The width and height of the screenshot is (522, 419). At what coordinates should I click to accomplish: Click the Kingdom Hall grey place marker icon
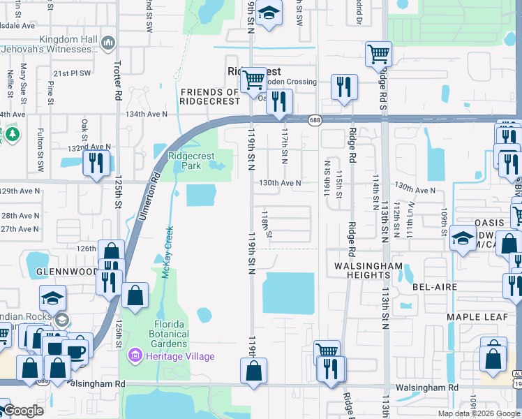point(107,43)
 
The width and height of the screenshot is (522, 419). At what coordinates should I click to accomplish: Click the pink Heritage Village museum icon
point(134,356)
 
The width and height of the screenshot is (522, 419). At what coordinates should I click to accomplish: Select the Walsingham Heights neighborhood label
point(368,271)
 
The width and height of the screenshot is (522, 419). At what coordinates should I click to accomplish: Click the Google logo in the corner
point(23,411)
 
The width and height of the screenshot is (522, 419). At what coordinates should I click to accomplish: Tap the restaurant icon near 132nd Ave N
point(96,162)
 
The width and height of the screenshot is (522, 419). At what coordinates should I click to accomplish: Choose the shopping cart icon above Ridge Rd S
point(378,53)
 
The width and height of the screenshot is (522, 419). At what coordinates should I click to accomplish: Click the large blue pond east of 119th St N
point(288,293)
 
